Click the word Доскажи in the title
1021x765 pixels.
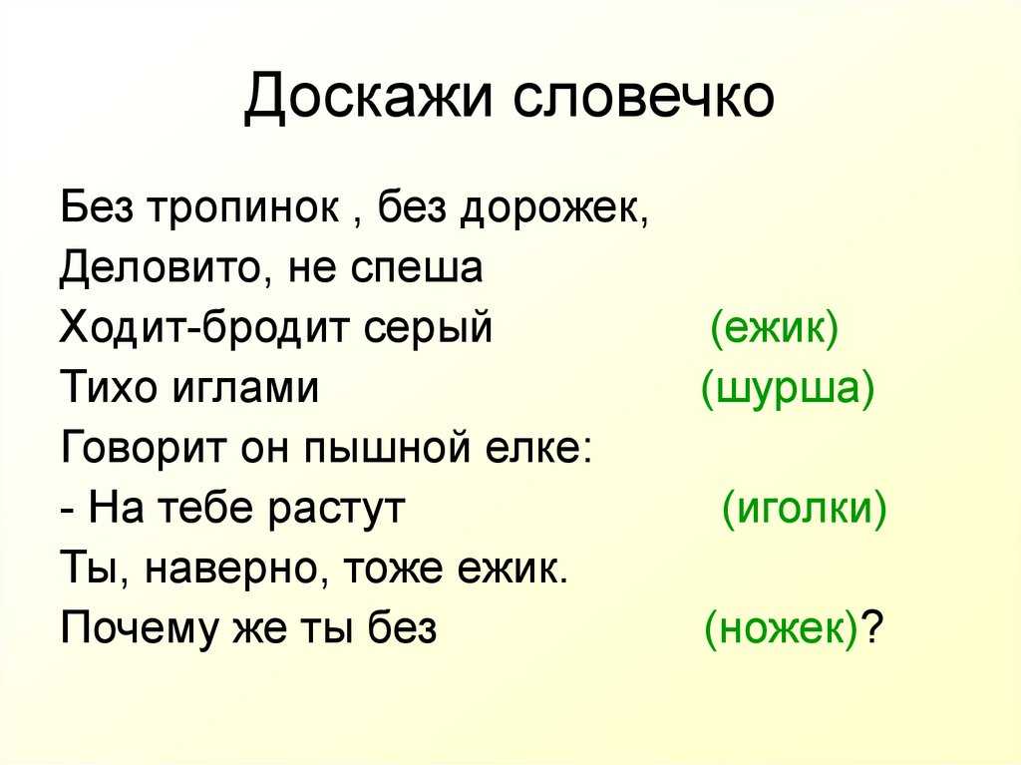pos(367,97)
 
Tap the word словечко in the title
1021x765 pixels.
pos(643,97)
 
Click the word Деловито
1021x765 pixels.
pos(162,268)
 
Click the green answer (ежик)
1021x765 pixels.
pos(774,328)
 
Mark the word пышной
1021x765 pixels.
pos(388,448)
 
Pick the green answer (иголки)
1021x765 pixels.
pos(805,509)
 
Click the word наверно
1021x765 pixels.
pos(235,569)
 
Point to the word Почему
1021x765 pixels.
pos(138,629)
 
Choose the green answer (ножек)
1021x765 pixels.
pos(781,629)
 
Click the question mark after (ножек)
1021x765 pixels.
pos(871,626)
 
